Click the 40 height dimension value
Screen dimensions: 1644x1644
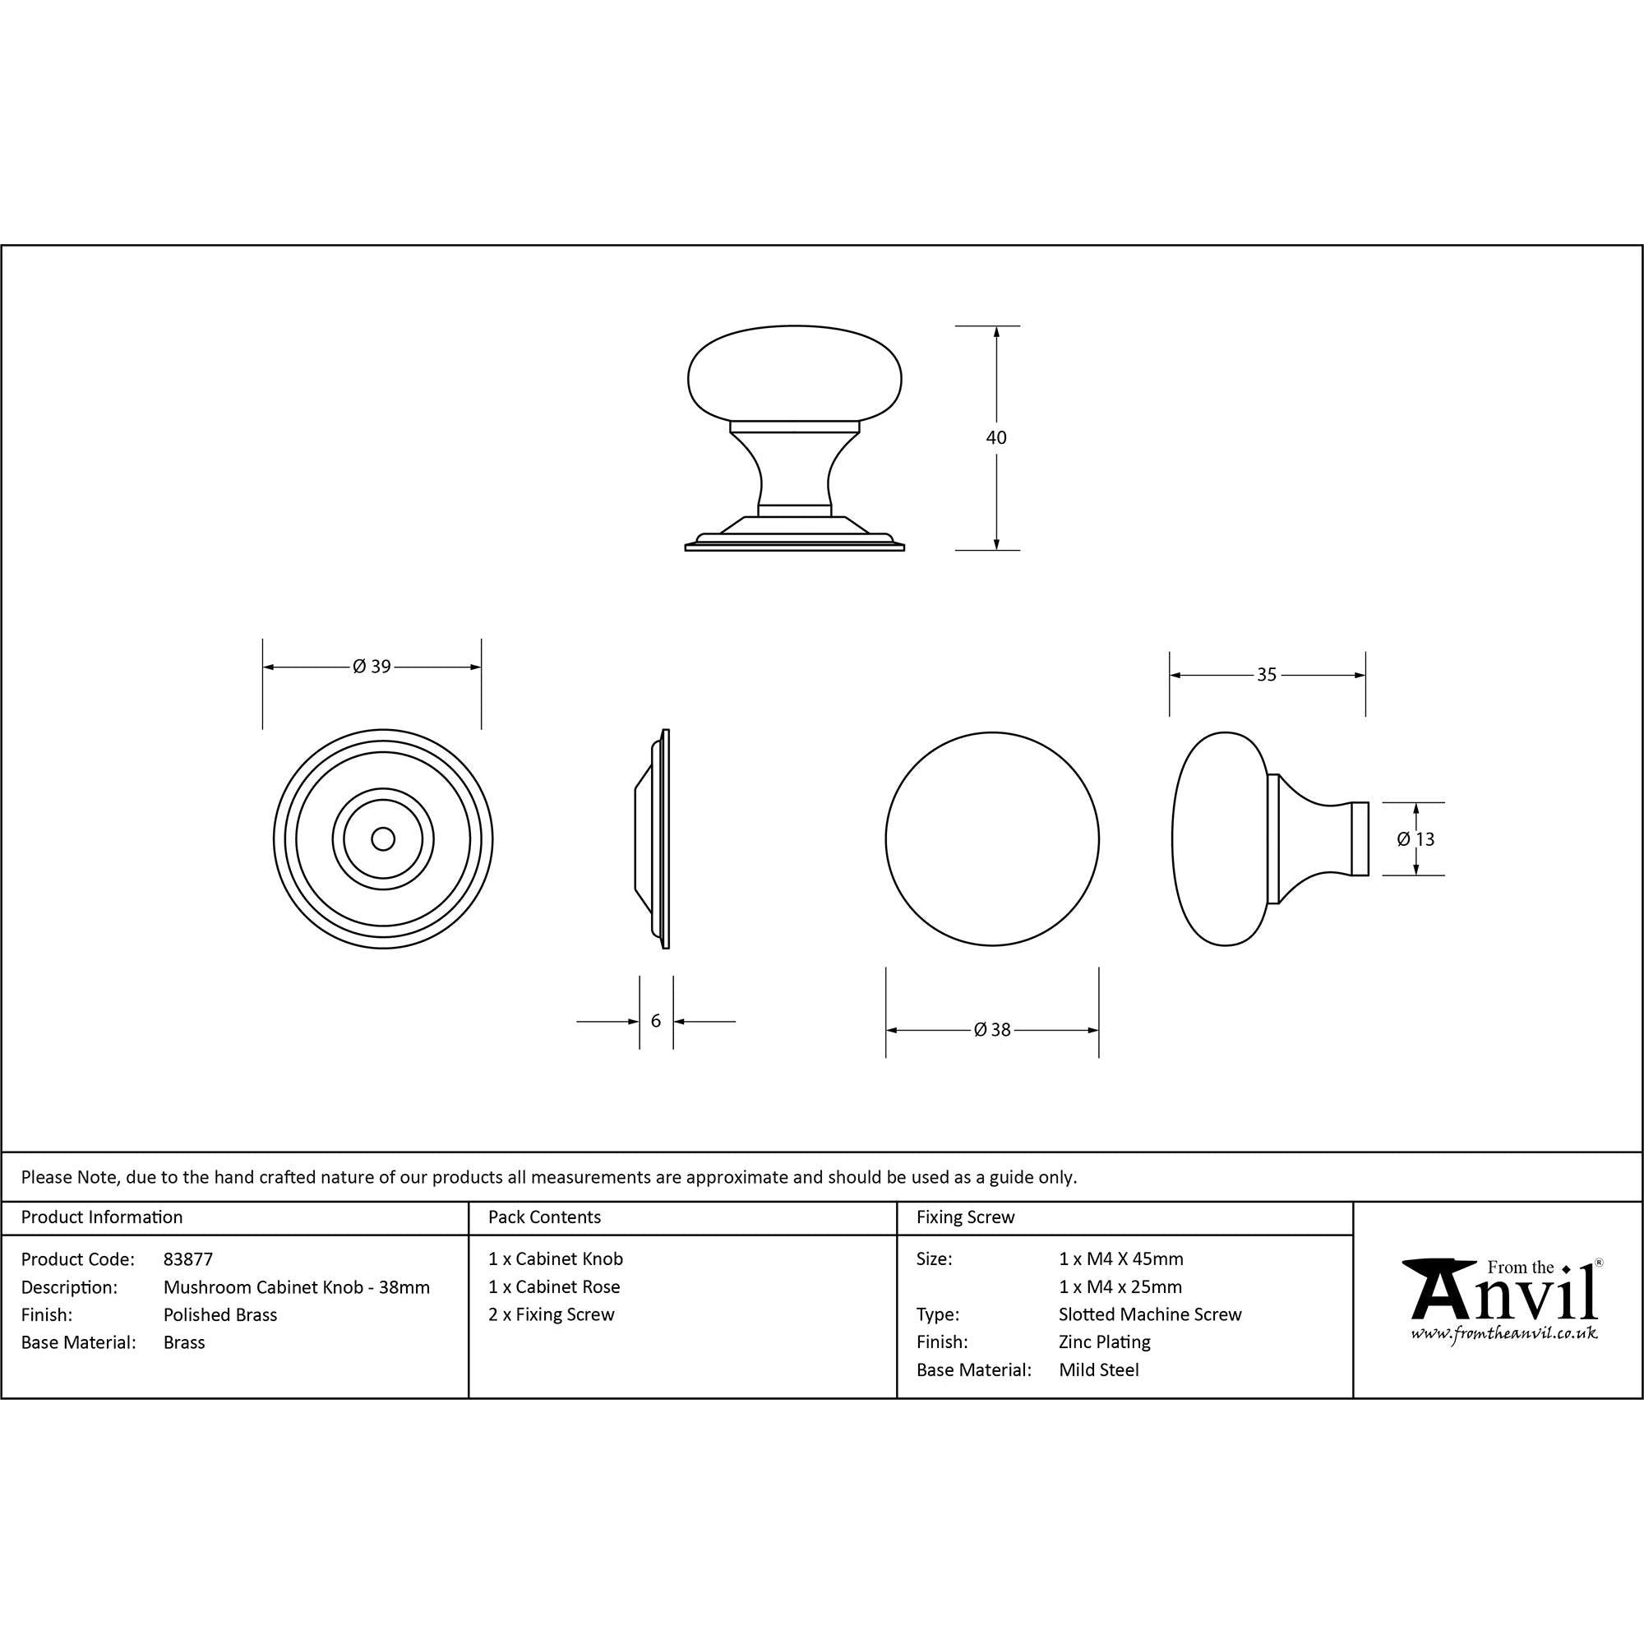coord(995,437)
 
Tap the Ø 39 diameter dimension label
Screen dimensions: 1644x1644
coord(372,667)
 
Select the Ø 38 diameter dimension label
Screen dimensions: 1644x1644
coord(992,1030)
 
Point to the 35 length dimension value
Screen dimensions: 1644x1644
coord(1266,675)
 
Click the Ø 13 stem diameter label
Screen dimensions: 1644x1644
coord(1416,839)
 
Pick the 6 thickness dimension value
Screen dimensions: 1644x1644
coord(655,1020)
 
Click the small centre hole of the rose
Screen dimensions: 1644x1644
coord(383,839)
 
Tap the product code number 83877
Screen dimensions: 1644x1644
coord(188,1258)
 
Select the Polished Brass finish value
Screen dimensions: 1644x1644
coord(220,1314)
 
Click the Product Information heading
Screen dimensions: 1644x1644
coord(102,1217)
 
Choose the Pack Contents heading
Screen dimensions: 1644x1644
coord(545,1217)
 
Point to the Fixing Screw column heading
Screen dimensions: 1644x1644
coord(966,1217)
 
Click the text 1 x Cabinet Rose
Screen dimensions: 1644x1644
coord(554,1286)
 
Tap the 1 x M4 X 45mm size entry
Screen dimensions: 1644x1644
coord(1120,1258)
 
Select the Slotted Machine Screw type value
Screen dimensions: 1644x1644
coord(1150,1314)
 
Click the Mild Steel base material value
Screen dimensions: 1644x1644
coord(1098,1370)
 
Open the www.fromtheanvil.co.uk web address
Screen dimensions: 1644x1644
coord(1503,1333)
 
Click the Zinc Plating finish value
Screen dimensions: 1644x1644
coord(1105,1342)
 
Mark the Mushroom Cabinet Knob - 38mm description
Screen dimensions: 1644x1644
coord(296,1286)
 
